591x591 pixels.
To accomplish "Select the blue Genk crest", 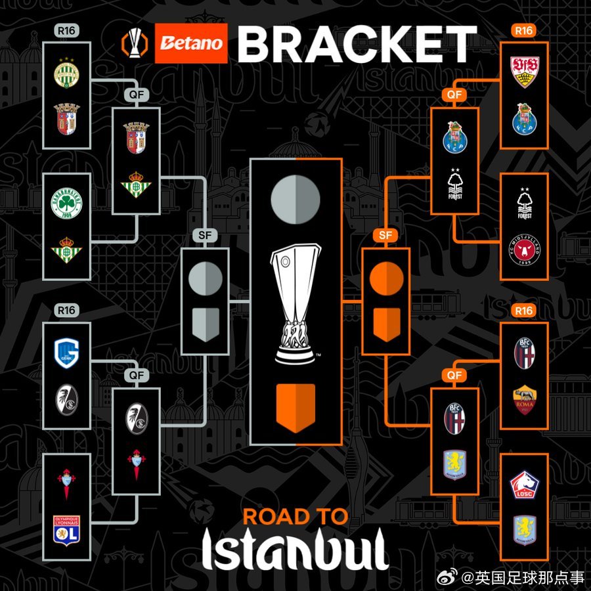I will click(66, 355).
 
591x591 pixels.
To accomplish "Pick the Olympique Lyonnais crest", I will click(66, 529).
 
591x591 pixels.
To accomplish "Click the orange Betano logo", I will click(191, 44).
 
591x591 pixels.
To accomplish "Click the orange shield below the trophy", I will click(295, 407).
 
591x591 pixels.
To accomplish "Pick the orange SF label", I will click(385, 236).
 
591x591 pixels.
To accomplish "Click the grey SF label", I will click(205, 236).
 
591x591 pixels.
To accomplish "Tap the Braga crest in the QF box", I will click(136, 137).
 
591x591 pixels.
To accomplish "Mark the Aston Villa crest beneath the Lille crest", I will click(524, 529).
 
